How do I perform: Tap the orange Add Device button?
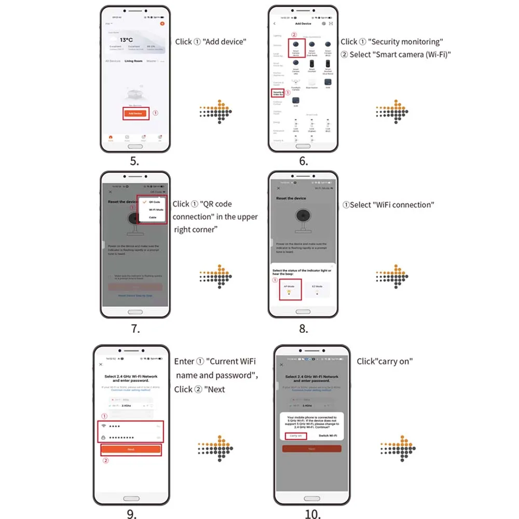pyautogui.click(x=135, y=113)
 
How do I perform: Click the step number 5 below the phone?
pyautogui.click(x=134, y=161)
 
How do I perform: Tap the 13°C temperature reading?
pyautogui.click(x=127, y=39)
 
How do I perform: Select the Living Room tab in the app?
pyautogui.click(x=133, y=61)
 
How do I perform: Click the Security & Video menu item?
pyautogui.click(x=278, y=93)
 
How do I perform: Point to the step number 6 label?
pyautogui.click(x=303, y=161)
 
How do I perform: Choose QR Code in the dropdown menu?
pyautogui.click(x=154, y=201)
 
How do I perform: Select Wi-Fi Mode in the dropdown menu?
pyautogui.click(x=156, y=209)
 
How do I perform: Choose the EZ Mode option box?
pyautogui.click(x=317, y=289)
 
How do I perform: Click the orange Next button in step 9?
pyautogui.click(x=131, y=449)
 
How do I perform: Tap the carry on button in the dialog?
pyautogui.click(x=296, y=436)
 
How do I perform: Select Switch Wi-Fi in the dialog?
pyautogui.click(x=327, y=436)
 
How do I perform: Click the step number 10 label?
pyautogui.click(x=312, y=514)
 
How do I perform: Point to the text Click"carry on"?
pyautogui.click(x=385, y=361)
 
